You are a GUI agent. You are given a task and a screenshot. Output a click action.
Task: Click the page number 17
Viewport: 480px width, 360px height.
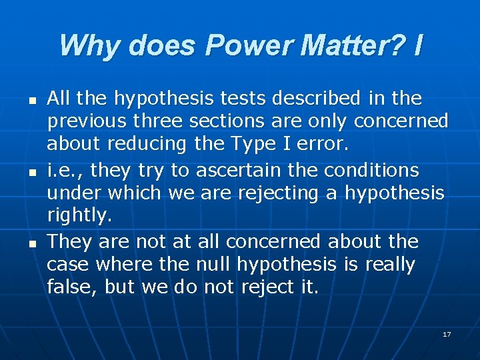pyautogui.click(x=446, y=333)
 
